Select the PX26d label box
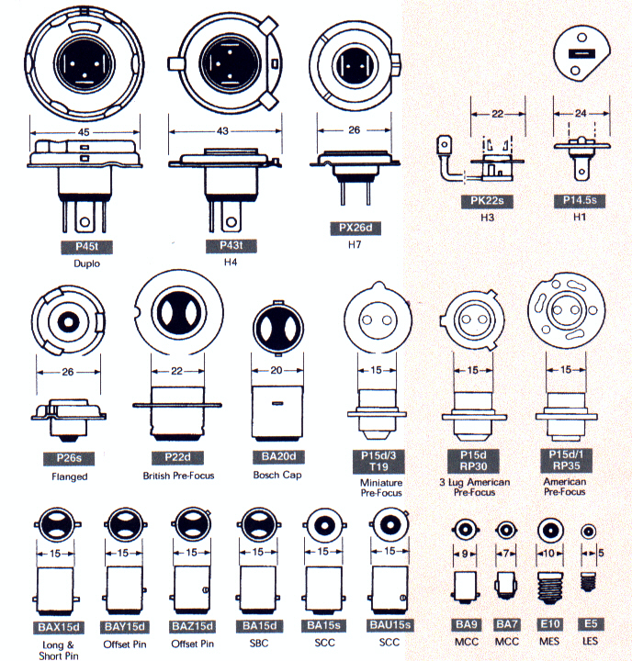coord(354,228)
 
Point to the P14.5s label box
coord(581,200)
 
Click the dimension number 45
coord(83,131)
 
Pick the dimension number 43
coord(222,131)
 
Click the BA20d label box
coord(276,456)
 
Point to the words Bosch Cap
coord(276,475)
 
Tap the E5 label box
coord(590,623)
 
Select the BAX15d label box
coord(60,626)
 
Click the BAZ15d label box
coord(192,626)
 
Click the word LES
coord(590,641)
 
